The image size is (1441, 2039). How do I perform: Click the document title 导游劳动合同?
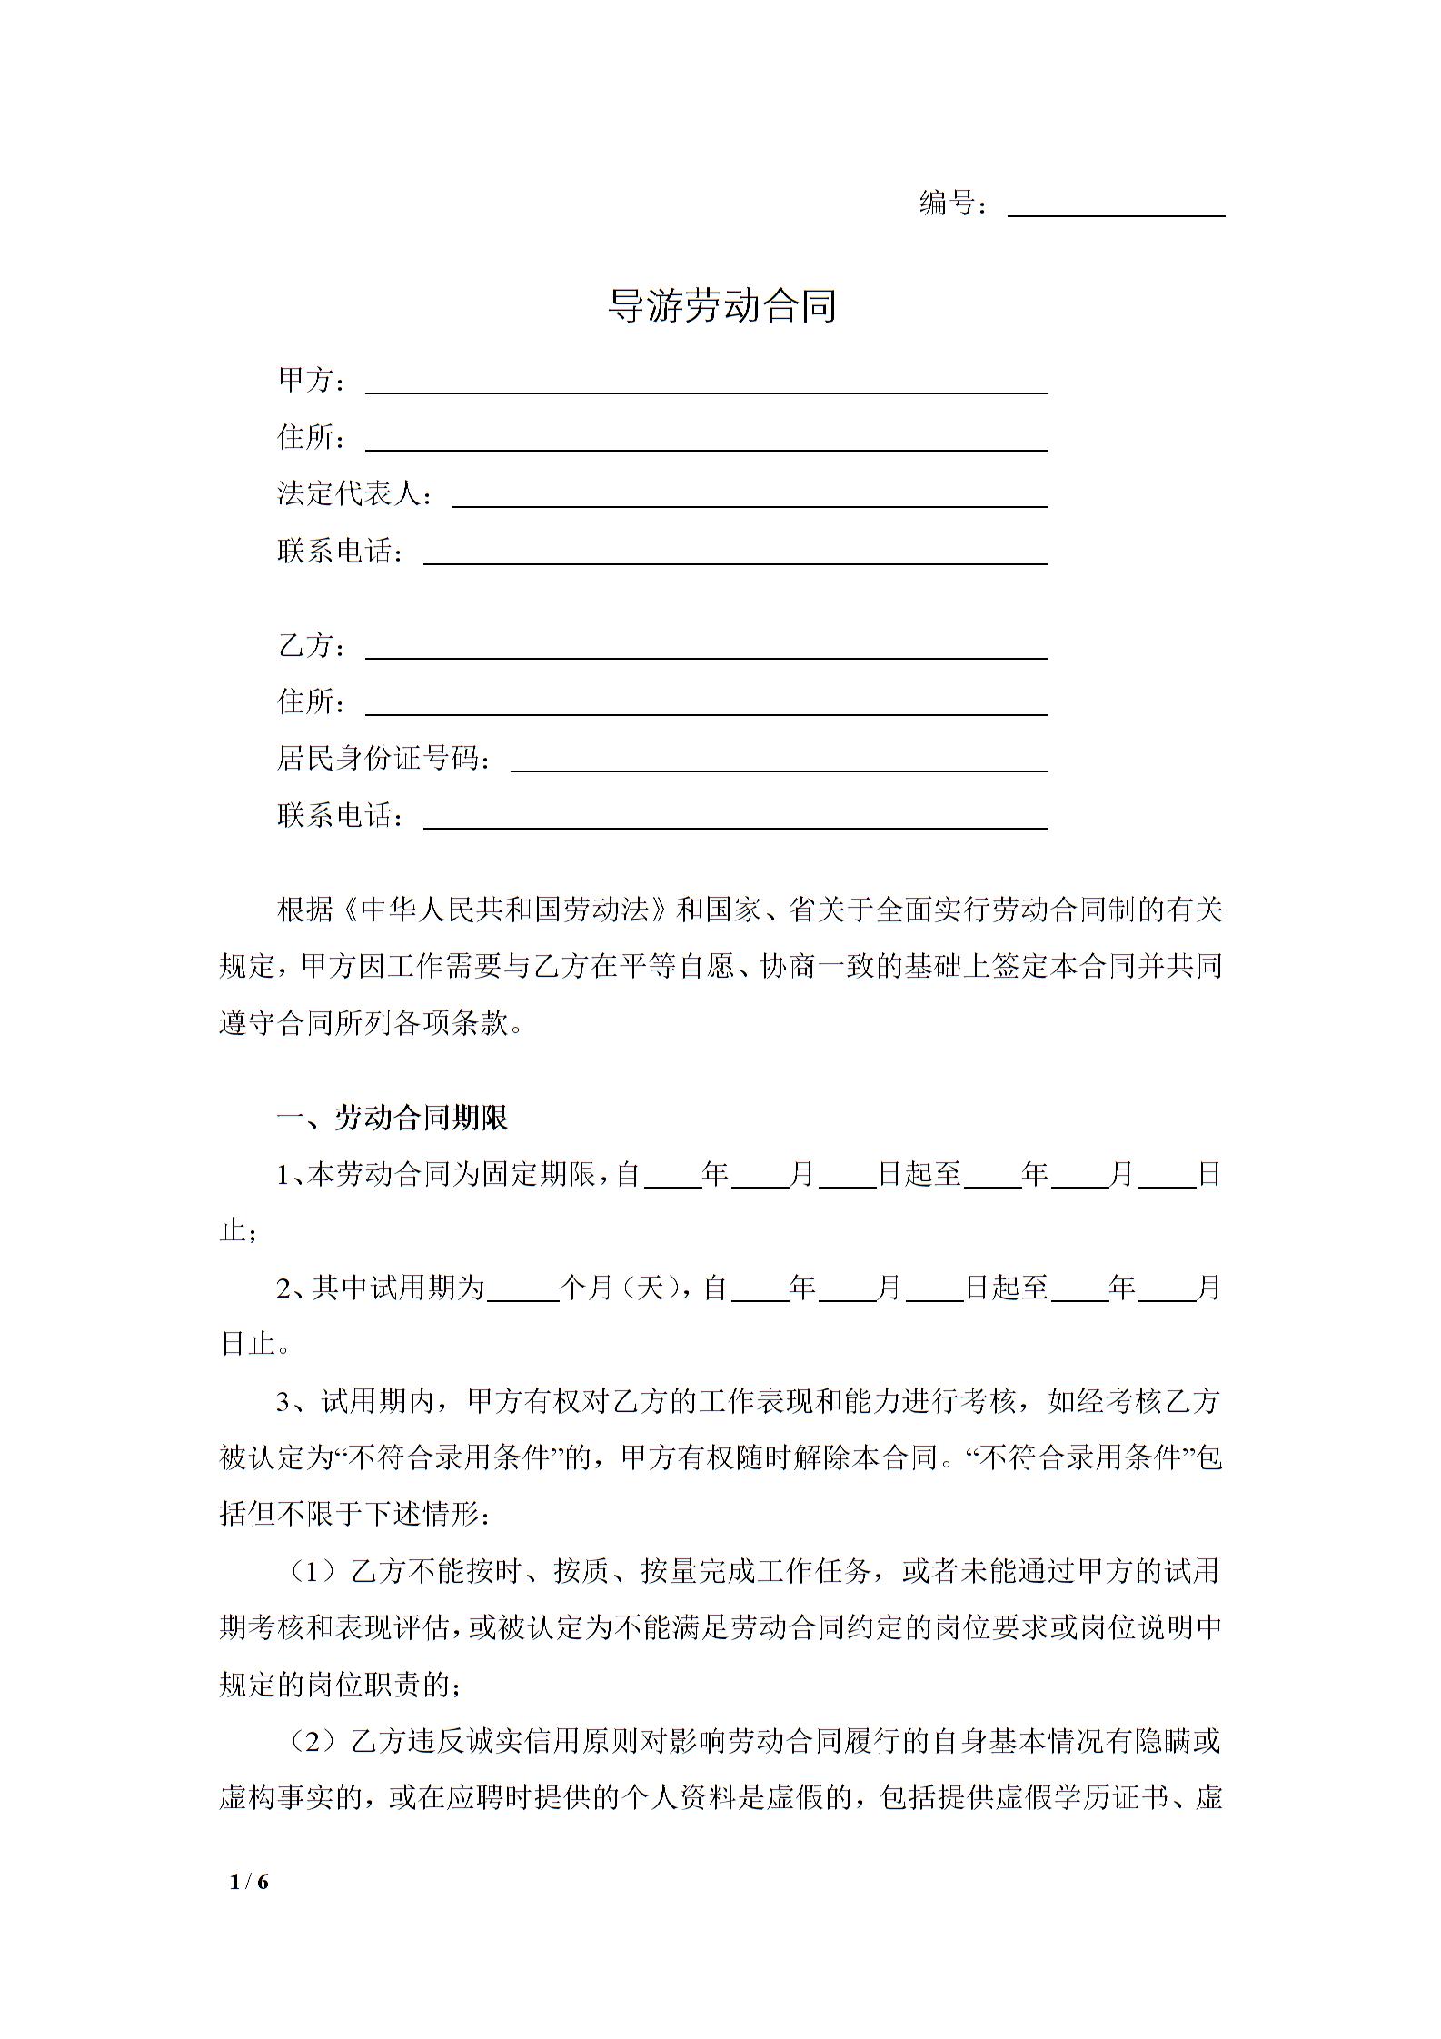tap(721, 306)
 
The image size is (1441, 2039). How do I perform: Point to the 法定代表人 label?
tap(350, 494)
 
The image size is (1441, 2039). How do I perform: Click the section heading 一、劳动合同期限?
tap(393, 1118)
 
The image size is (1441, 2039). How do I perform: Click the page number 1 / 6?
tap(250, 1883)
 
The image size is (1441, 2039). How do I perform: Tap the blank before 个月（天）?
tap(522, 1289)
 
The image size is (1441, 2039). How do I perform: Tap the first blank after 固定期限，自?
tap(672, 1177)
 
